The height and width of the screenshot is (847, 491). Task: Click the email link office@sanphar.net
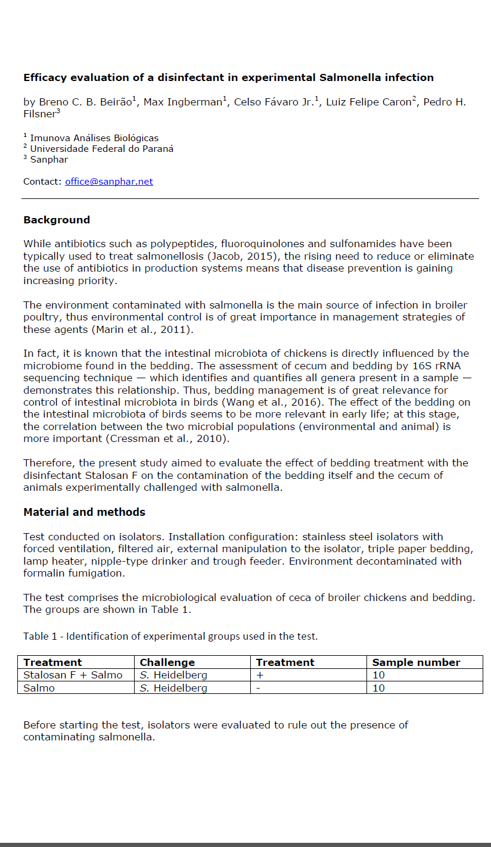click(x=109, y=182)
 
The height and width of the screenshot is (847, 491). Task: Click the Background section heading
click(x=57, y=220)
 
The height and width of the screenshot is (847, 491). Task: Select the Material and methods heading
click(x=84, y=512)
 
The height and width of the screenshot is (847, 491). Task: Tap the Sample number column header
click(x=416, y=662)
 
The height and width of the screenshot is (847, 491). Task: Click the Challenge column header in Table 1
click(x=167, y=662)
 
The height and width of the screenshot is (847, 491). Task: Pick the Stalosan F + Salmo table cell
click(x=73, y=675)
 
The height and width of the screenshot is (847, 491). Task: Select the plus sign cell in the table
click(x=260, y=675)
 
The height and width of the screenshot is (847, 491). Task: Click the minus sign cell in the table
click(x=258, y=688)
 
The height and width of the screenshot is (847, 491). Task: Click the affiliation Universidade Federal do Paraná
click(x=102, y=148)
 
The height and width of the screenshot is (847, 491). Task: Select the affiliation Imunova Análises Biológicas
click(x=94, y=138)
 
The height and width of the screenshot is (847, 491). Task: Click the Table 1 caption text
click(x=170, y=636)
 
